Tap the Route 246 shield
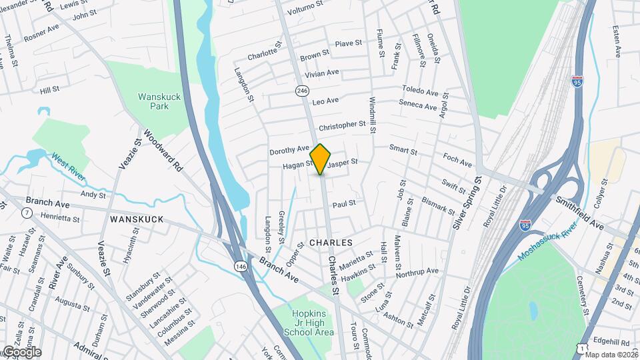point(303,90)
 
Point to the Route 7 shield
point(27,213)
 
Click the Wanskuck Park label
point(159,101)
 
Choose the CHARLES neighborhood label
point(331,243)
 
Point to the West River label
point(68,166)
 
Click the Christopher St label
point(342,125)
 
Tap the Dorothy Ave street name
point(289,150)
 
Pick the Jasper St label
point(343,162)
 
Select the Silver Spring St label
point(467,204)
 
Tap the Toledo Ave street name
point(419,90)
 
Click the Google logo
point(21,352)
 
